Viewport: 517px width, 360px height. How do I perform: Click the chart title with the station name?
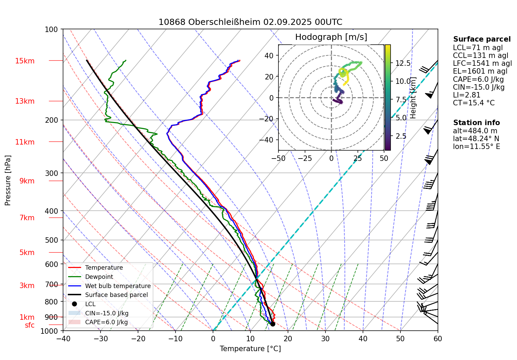pyautogui.click(x=250, y=22)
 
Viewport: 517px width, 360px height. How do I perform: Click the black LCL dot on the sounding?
pyautogui.click(x=273, y=324)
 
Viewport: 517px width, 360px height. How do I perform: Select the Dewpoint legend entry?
pyautogui.click(x=99, y=277)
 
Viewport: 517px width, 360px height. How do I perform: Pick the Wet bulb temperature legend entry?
pyautogui.click(x=118, y=286)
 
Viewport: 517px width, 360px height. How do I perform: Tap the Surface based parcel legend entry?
pyautogui.click(x=116, y=295)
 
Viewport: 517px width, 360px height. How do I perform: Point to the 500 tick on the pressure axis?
pyautogui.click(x=51, y=240)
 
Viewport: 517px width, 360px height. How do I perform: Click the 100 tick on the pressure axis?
pyautogui.click(x=51, y=30)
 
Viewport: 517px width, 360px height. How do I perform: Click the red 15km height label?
pyautogui.click(x=25, y=61)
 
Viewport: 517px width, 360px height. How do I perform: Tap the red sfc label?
pyautogui.click(x=30, y=325)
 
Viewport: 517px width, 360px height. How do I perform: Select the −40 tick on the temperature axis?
pyautogui.click(x=63, y=339)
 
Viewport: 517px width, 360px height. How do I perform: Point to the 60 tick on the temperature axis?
pyautogui.click(x=438, y=339)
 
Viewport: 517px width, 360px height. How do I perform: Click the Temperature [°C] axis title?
pyautogui.click(x=250, y=349)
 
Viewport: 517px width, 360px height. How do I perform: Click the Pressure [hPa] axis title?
pyautogui.click(x=8, y=180)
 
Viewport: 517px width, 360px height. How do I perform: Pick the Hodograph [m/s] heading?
pyautogui.click(x=331, y=37)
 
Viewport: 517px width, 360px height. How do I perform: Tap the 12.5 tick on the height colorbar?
pyautogui.click(x=403, y=63)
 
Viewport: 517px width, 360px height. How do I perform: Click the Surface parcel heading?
pyautogui.click(x=482, y=39)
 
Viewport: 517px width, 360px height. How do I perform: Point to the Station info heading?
pyautogui.click(x=476, y=123)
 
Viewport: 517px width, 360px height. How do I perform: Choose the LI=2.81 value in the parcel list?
pyautogui.click(x=467, y=95)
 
